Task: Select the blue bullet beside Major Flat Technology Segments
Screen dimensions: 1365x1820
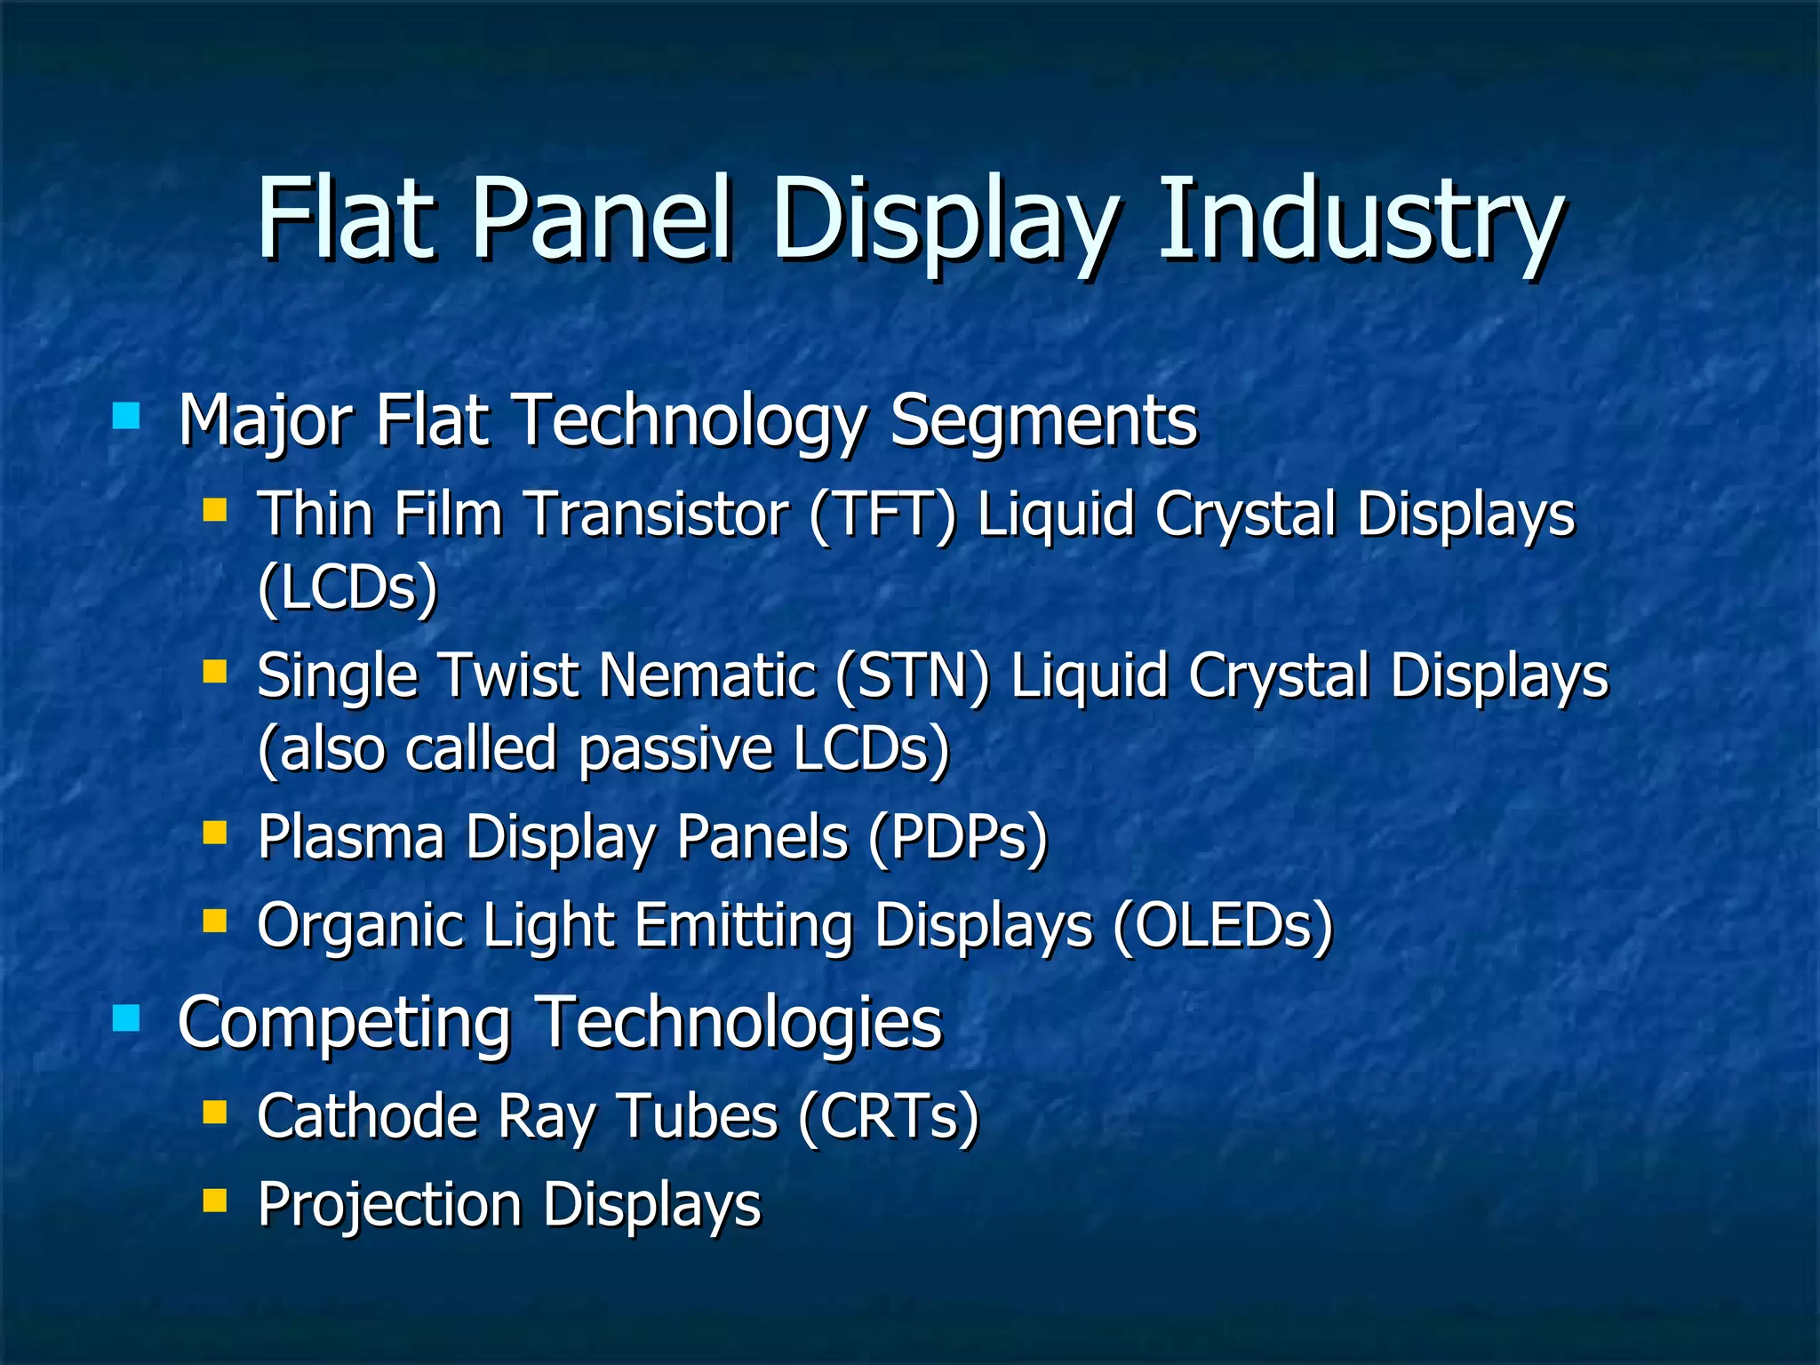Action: [126, 416]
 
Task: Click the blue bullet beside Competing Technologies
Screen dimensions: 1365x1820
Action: [126, 1018]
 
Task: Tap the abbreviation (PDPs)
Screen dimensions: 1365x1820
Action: [958, 838]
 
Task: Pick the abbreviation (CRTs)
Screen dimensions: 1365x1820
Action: [888, 1116]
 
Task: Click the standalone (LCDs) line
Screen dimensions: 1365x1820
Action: [347, 588]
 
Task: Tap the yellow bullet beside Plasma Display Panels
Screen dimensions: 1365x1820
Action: [214, 832]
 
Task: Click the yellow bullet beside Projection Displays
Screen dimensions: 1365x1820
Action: [214, 1201]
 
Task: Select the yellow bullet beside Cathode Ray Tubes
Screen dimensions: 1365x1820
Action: [214, 1112]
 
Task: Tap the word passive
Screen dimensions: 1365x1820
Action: [676, 749]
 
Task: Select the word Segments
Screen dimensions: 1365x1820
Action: [1043, 420]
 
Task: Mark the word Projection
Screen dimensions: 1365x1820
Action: [389, 1205]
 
